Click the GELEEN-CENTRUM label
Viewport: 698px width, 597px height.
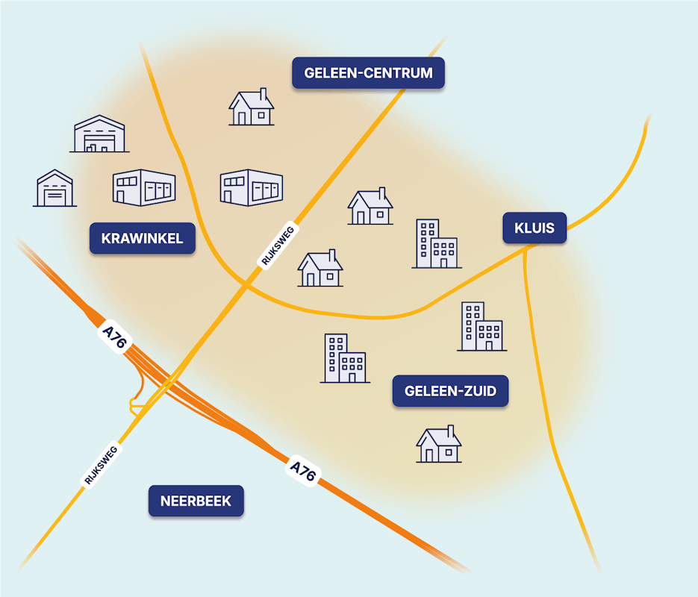tap(368, 73)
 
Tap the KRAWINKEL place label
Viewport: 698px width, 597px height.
tap(143, 239)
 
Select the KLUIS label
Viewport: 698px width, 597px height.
tap(535, 228)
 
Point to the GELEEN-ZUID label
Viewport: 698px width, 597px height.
tap(450, 391)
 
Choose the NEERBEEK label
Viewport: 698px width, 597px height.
tap(196, 501)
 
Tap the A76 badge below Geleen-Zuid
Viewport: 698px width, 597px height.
tap(302, 472)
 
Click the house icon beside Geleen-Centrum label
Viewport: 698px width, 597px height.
tap(252, 107)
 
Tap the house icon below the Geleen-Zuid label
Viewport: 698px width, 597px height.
tap(439, 445)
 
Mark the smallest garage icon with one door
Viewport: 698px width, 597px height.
tap(55, 189)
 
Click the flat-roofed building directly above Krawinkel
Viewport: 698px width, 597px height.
tap(144, 188)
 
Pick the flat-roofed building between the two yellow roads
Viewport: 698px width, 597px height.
tap(252, 188)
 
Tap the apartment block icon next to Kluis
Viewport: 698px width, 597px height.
tap(437, 244)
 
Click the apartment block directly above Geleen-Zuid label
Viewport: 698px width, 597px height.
tap(482, 327)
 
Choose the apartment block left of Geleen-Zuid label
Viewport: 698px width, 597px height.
tap(345, 359)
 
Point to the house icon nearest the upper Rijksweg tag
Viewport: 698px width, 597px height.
tap(320, 269)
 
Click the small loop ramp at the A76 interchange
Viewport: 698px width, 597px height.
tap(137, 404)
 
